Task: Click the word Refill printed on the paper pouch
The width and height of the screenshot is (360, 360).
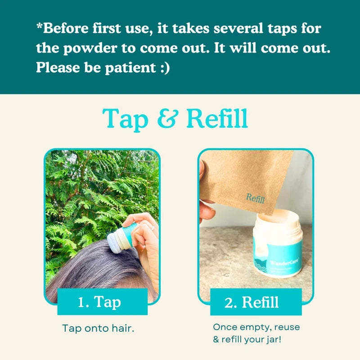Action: [x=255, y=198]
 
